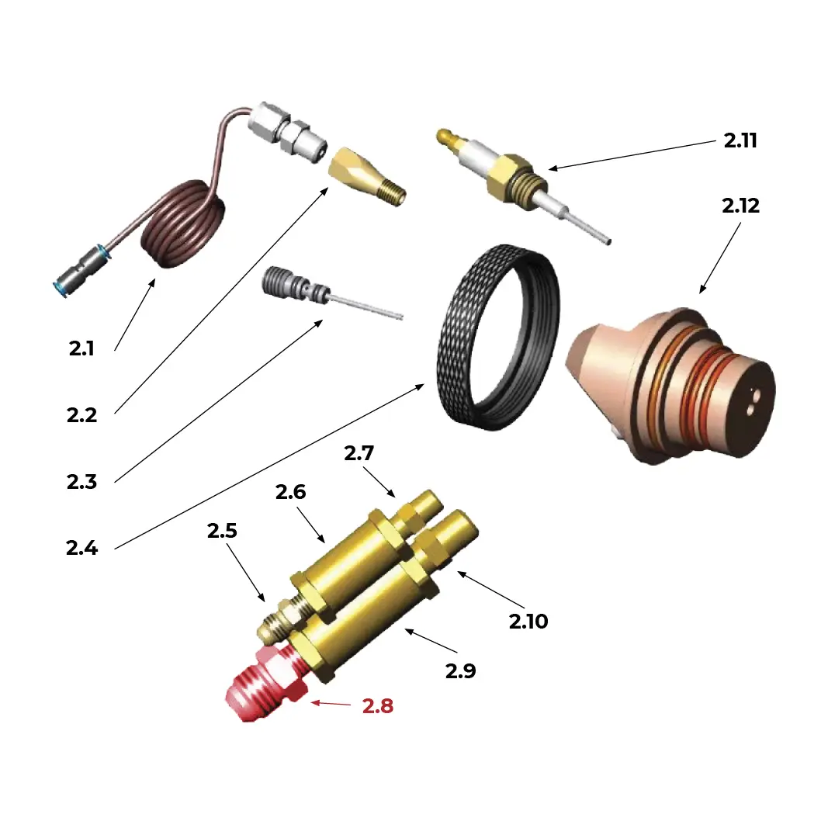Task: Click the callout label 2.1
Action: pyautogui.click(x=81, y=348)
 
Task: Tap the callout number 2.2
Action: pyautogui.click(x=81, y=415)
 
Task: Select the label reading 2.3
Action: pyautogui.click(x=81, y=482)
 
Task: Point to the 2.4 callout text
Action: pyautogui.click(x=81, y=548)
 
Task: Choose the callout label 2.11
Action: pyautogui.click(x=740, y=140)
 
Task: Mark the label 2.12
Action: pyautogui.click(x=740, y=206)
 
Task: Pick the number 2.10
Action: pyautogui.click(x=528, y=621)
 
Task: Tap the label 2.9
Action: pyautogui.click(x=460, y=671)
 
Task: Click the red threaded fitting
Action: pyautogui.click(x=259, y=682)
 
